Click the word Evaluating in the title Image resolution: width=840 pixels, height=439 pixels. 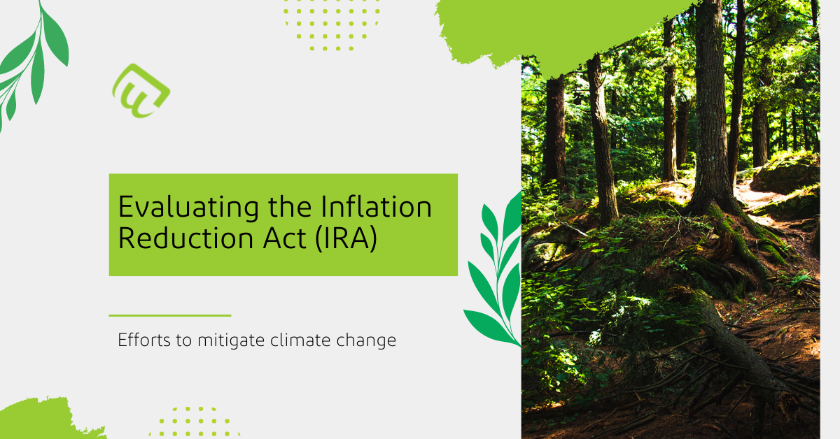click(x=188, y=208)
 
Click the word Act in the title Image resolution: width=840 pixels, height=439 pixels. click(x=284, y=238)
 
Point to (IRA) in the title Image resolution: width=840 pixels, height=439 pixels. click(x=346, y=238)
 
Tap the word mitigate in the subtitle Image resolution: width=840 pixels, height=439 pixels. click(x=230, y=340)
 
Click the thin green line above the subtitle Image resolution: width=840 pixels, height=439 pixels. click(x=170, y=316)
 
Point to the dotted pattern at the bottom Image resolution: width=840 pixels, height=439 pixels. click(x=195, y=422)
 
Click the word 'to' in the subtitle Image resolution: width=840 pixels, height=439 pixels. click(x=184, y=340)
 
